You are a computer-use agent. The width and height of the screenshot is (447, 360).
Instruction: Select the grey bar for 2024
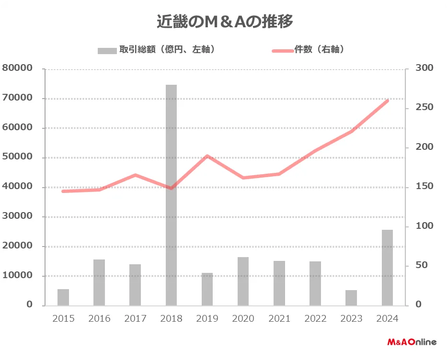click(387, 268)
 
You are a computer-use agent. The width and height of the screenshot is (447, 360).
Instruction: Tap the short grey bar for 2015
click(63, 297)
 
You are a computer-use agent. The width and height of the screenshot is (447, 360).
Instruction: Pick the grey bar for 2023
click(351, 298)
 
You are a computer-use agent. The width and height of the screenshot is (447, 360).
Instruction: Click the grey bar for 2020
click(243, 281)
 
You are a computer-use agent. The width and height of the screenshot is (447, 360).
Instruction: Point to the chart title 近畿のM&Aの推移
click(225, 22)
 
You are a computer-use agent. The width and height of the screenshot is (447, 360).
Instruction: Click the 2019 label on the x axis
click(207, 319)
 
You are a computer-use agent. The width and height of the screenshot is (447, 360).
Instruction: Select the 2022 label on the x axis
click(315, 319)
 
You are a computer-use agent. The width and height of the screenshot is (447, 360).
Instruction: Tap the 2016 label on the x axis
click(99, 319)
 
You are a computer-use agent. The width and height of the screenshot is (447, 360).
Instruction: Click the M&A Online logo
click(412, 342)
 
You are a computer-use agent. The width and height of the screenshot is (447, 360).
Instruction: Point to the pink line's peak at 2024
click(387, 101)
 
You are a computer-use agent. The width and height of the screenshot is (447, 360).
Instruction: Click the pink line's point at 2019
click(207, 156)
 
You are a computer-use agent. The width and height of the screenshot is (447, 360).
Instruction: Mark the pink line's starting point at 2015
click(63, 191)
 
